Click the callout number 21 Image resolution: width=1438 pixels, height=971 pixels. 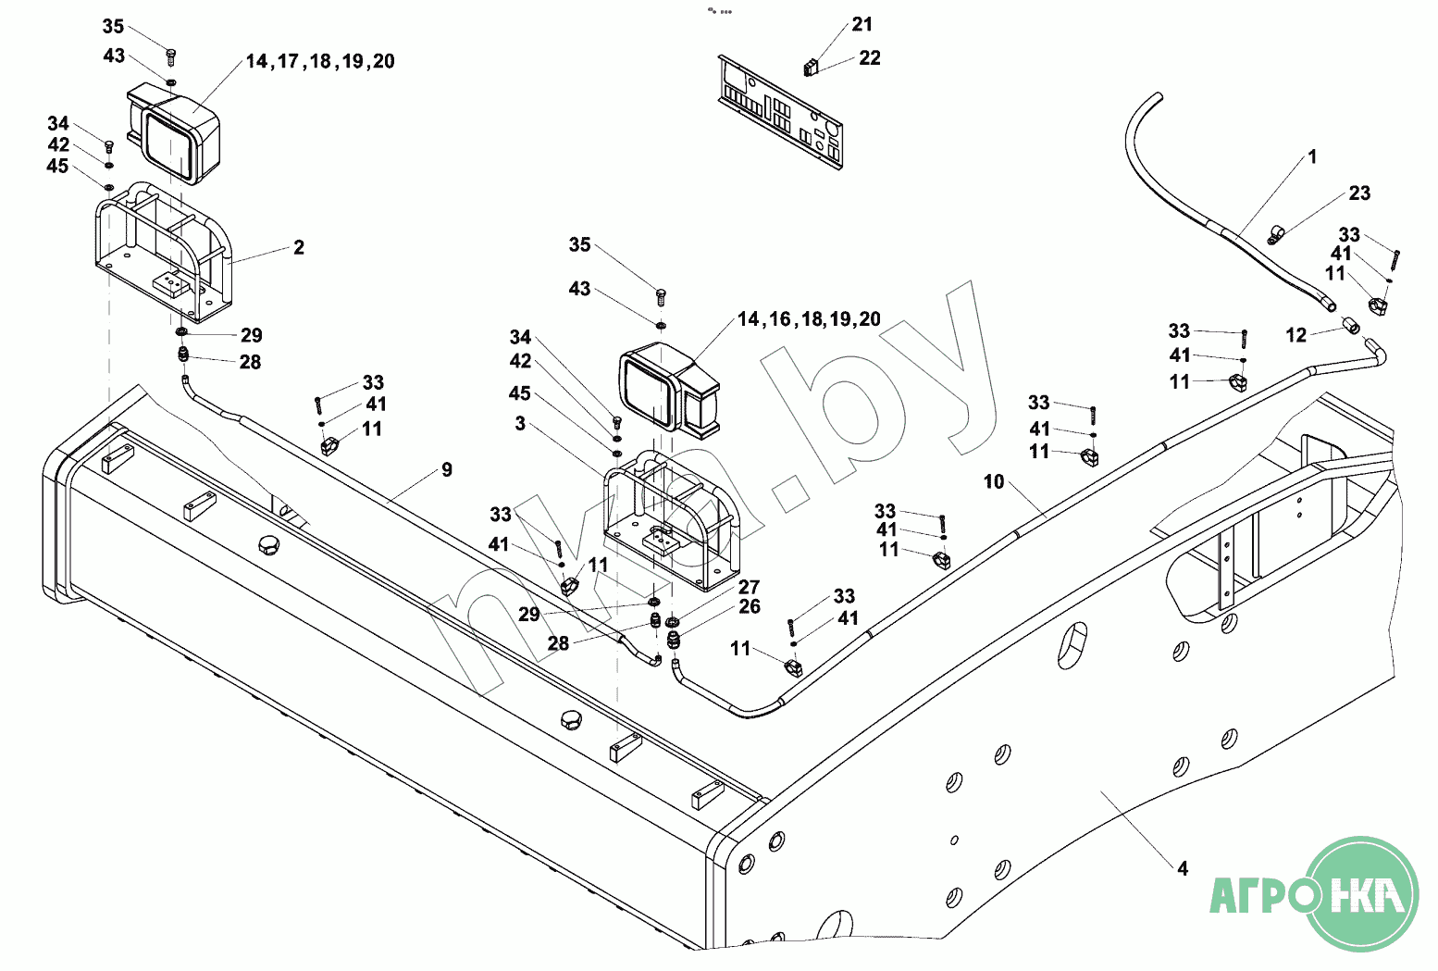[x=862, y=25]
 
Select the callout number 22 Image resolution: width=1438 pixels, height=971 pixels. [x=869, y=58]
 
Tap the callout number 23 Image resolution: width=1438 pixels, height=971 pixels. [x=1358, y=193]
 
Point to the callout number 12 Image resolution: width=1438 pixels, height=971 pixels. [x=1295, y=335]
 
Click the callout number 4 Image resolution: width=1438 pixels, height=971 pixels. [x=1182, y=868]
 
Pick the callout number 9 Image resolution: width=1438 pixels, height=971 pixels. [x=447, y=470]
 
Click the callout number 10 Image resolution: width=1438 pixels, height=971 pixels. [x=993, y=481]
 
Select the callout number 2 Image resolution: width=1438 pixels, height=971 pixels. [x=298, y=247]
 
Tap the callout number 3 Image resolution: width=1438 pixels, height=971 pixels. [x=520, y=423]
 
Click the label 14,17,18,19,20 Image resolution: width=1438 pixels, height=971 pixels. [x=320, y=61]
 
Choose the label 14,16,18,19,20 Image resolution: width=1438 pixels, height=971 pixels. [x=809, y=319]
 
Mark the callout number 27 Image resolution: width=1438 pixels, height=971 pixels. [x=749, y=587]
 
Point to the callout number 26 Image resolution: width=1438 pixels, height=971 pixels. [x=750, y=606]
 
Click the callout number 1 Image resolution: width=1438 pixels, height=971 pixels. [x=1311, y=157]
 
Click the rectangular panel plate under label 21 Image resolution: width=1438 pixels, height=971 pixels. [x=780, y=111]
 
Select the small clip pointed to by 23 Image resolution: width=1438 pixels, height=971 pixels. [x=1274, y=235]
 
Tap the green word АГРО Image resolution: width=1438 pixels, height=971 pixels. [x=1263, y=895]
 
